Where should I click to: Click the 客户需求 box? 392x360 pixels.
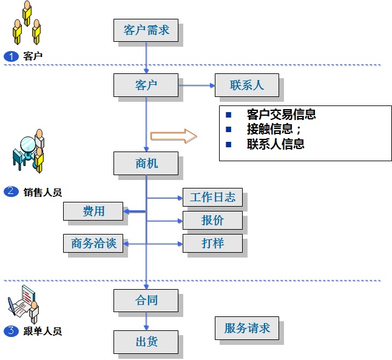click(146, 30)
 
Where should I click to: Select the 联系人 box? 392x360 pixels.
click(247, 85)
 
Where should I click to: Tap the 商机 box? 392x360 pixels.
click(146, 162)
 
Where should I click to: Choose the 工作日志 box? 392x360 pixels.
click(212, 198)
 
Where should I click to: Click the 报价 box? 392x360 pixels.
click(212, 221)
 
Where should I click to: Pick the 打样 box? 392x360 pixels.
click(212, 244)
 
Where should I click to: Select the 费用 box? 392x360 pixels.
click(94, 212)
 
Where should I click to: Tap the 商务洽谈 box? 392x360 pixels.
click(93, 244)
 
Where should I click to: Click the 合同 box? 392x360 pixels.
click(146, 300)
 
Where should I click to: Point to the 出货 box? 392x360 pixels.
click(146, 341)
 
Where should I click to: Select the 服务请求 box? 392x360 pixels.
click(247, 328)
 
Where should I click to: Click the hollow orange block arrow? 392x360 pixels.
click(174, 136)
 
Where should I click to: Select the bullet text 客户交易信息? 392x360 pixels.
click(281, 115)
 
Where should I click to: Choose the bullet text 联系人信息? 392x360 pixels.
click(275, 144)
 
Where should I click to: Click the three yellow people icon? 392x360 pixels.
click(27, 23)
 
